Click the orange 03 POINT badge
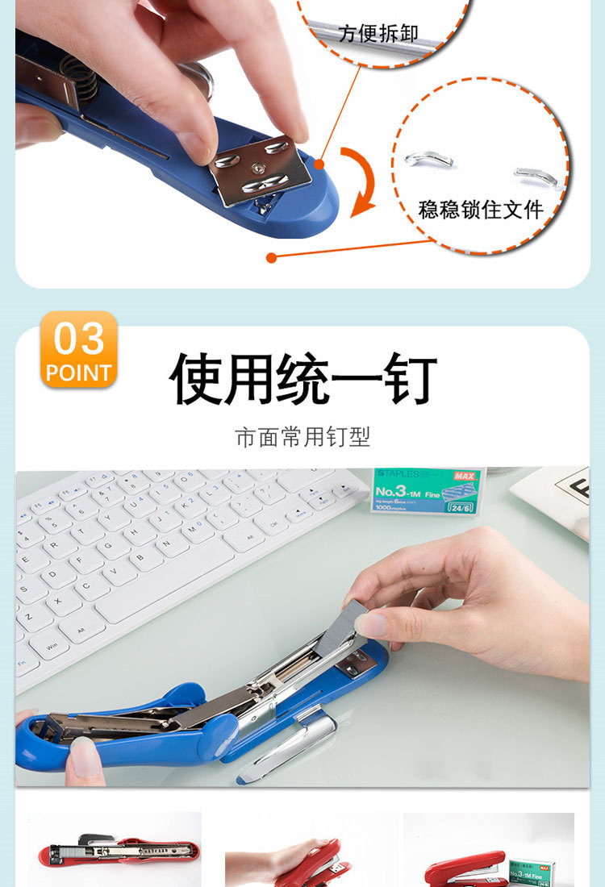[79, 349]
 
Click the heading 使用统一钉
[302, 379]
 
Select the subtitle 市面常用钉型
[302, 437]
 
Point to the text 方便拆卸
[379, 34]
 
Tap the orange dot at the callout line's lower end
[272, 258]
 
